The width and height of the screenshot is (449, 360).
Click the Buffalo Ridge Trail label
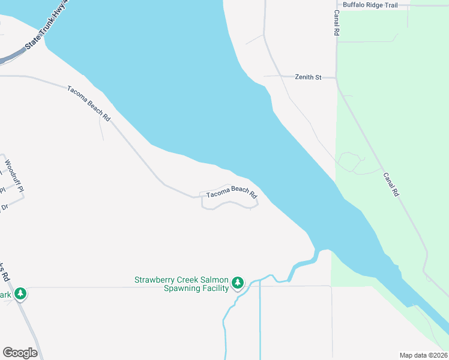370,5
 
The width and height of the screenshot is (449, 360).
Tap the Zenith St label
309,77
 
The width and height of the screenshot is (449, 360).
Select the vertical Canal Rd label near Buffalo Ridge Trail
337,22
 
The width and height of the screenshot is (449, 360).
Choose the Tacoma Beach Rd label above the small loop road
232,193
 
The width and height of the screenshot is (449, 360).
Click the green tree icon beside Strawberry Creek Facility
238,282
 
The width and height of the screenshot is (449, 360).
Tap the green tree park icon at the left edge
20,293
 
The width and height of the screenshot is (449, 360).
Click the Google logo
20,353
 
